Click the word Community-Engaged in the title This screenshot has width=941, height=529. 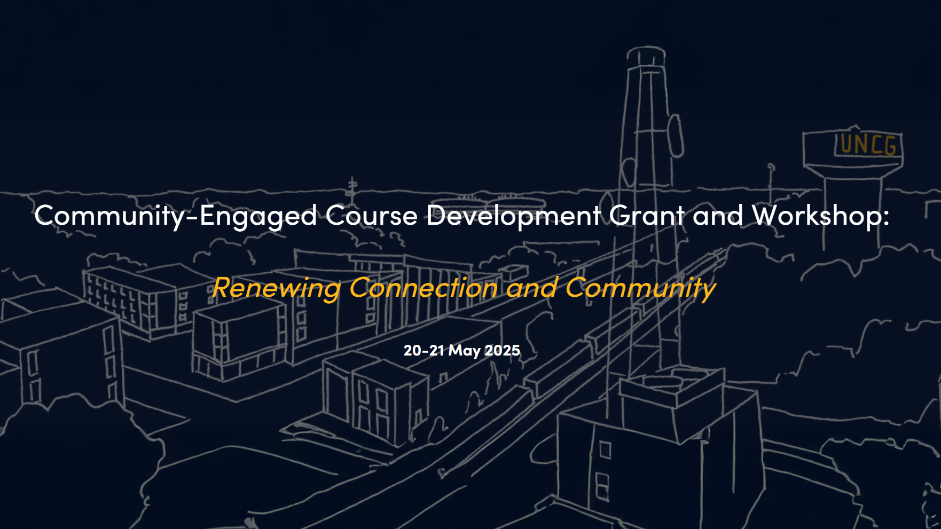pos(176,216)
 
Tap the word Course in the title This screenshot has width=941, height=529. pos(371,216)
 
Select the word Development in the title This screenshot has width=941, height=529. pos(514,216)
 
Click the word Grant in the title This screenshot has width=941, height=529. pos(647,216)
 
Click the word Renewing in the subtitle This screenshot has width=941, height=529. pos(276,288)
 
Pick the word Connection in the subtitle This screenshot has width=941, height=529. pos(424,288)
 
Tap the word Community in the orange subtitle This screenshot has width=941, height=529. pos(640,288)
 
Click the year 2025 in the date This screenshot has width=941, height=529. pos(502,351)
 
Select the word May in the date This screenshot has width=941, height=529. pos(464,351)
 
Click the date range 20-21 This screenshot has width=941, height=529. pos(424,351)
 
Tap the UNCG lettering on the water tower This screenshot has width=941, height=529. pos(868,145)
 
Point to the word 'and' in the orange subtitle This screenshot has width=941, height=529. pos(532,288)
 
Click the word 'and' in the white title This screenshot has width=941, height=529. pos(718,216)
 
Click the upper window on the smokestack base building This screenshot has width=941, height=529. pos(605,450)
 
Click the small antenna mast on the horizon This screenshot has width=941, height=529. pos(352,186)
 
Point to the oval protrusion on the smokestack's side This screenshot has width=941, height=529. pos(676,136)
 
